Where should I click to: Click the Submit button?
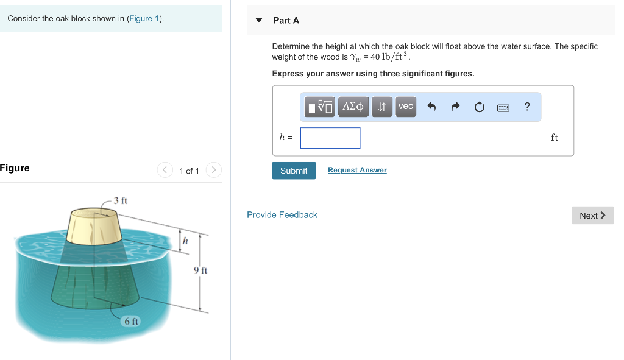[294, 171]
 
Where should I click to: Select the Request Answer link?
[357, 170]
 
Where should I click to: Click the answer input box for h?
[330, 138]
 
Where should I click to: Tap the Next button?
[592, 216]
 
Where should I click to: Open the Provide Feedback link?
[282, 215]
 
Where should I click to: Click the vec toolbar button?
[405, 107]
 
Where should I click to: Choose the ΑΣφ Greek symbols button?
[353, 107]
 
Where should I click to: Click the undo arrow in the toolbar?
[431, 107]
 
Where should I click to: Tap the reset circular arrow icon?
[479, 107]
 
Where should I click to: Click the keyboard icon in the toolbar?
[503, 108]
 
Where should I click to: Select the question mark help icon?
[527, 107]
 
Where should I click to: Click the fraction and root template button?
[321, 107]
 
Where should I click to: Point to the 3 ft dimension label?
[121, 200]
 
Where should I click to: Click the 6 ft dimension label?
[132, 321]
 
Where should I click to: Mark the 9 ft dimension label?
[200, 270]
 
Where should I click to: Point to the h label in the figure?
[185, 241]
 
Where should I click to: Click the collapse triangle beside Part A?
[259, 21]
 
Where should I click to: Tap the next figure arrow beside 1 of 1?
[213, 170]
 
